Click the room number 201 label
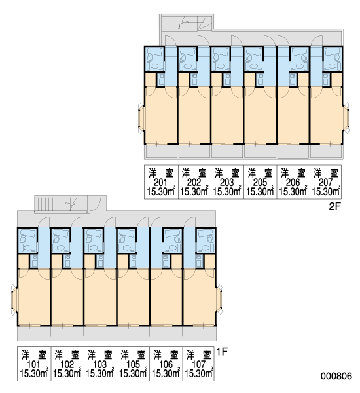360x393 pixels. click(x=160, y=183)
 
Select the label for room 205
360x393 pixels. click(x=260, y=183)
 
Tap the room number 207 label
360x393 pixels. click(x=326, y=183)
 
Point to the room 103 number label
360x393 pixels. click(x=99, y=364)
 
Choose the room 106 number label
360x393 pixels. click(x=166, y=364)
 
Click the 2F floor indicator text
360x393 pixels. click(x=334, y=206)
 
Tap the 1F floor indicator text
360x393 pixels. click(x=222, y=352)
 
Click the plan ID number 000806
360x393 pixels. click(x=336, y=376)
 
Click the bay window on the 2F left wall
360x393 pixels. click(x=141, y=118)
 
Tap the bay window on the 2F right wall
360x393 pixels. click(x=346, y=118)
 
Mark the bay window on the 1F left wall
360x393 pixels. click(x=14, y=299)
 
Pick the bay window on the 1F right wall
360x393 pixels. click(x=219, y=299)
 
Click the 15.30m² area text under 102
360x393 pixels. click(x=67, y=373)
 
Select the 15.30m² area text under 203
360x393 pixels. click(x=227, y=192)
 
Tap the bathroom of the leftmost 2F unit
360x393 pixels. click(x=154, y=59)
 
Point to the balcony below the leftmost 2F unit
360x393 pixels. click(x=161, y=152)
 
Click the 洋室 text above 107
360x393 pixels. click(x=199, y=355)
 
